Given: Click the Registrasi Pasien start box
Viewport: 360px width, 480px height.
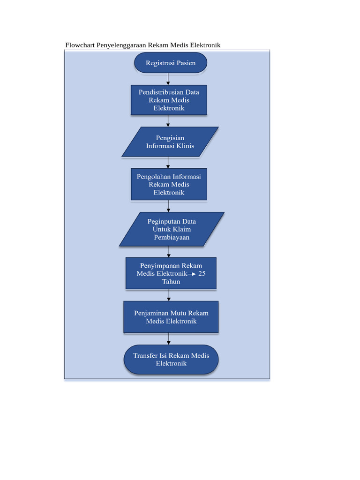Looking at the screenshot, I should [x=171, y=63].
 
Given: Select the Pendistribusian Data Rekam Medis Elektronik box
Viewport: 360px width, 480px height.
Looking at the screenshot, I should [x=169, y=100].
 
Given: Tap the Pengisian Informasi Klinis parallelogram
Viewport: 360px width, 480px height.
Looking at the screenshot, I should [x=170, y=142].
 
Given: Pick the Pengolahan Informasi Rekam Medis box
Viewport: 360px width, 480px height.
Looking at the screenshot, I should [x=169, y=184].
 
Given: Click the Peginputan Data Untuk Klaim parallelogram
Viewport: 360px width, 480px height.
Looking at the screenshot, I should [x=172, y=229].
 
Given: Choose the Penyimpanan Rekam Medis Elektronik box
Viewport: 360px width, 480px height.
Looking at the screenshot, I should [x=171, y=273].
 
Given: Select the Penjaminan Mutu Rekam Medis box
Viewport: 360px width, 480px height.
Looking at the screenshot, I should [x=171, y=317].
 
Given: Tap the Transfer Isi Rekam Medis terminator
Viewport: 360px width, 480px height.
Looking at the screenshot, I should [x=171, y=360].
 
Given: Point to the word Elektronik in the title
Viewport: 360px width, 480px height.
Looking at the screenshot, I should [x=204, y=45].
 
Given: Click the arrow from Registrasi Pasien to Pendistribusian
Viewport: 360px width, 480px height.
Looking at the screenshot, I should [x=168, y=79].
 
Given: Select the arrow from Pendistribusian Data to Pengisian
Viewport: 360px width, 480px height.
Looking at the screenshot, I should [x=168, y=121].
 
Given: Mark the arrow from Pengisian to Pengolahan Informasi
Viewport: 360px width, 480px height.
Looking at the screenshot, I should [x=168, y=162].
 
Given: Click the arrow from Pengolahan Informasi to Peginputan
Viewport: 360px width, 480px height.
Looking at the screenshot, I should [x=168, y=206].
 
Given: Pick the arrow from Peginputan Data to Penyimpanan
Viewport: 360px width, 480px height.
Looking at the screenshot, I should [x=168, y=252].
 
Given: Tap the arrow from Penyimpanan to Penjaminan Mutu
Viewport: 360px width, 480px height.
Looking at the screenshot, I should [x=168, y=295].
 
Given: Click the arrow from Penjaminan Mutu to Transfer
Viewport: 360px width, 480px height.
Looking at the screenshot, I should [x=168, y=339].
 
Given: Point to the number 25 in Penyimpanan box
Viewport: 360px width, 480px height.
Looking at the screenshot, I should [x=202, y=273].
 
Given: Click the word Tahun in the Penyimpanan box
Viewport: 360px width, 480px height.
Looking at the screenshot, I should [x=171, y=281].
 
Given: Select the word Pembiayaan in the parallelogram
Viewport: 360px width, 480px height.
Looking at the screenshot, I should [x=172, y=238].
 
